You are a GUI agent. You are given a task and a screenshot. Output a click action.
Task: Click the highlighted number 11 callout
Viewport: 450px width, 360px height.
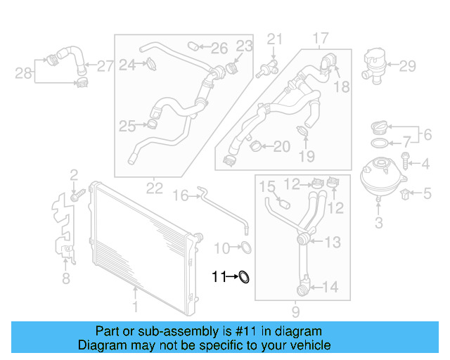[219, 277]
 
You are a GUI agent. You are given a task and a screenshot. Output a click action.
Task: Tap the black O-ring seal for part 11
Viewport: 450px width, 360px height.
[244, 278]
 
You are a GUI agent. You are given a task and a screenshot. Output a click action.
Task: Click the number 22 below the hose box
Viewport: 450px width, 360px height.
[155, 188]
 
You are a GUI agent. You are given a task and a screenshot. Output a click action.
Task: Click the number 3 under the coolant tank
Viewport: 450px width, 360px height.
[378, 224]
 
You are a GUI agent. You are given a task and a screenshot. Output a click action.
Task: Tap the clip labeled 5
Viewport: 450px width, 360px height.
[406, 191]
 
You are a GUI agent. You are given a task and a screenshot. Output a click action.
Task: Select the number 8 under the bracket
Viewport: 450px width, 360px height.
[65, 279]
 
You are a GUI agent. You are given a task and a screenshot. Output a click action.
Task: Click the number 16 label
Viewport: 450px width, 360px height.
[181, 195]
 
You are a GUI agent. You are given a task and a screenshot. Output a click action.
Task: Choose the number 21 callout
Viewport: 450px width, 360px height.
[274, 38]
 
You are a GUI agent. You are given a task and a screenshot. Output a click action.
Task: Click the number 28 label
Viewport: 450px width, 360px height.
[23, 72]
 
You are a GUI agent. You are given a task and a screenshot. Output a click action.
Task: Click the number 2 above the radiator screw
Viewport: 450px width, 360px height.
[73, 174]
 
